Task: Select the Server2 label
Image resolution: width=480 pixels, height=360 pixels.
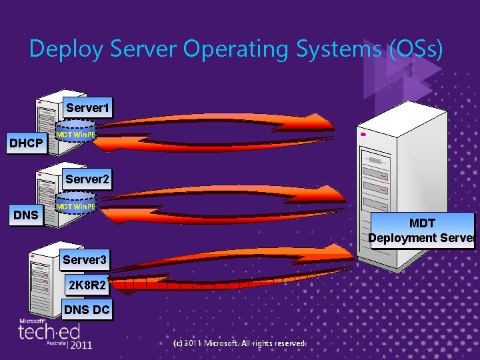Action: pyautogui.click(x=87, y=179)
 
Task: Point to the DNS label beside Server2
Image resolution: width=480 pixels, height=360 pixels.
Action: pyautogui.click(x=25, y=215)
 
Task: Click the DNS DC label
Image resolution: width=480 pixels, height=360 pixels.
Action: pyautogui.click(x=87, y=310)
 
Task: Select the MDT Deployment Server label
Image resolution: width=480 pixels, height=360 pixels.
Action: pyautogui.click(x=421, y=231)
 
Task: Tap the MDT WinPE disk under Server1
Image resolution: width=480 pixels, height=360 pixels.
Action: pyautogui.click(x=75, y=135)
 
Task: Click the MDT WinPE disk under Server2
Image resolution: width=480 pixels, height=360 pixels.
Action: pyautogui.click(x=75, y=207)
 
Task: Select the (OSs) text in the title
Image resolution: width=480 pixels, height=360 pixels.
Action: pyautogui.click(x=415, y=50)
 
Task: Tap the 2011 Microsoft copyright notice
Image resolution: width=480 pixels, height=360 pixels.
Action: pyautogui.click(x=239, y=343)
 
